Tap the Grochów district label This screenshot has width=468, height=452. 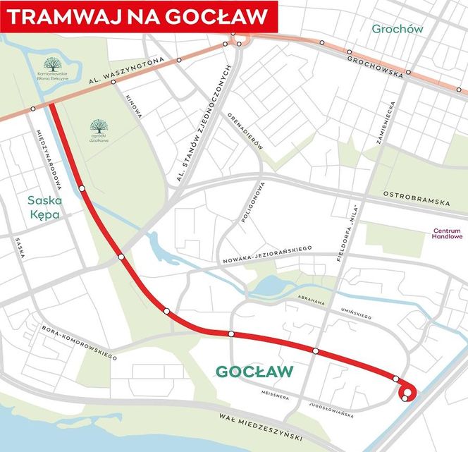tap(397, 29)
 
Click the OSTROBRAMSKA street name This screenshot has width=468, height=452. tap(416, 198)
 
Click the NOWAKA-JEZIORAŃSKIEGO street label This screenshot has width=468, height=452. tap(267, 253)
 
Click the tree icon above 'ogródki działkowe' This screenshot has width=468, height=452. tap(98, 125)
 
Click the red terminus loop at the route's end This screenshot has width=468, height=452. tap(407, 393)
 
